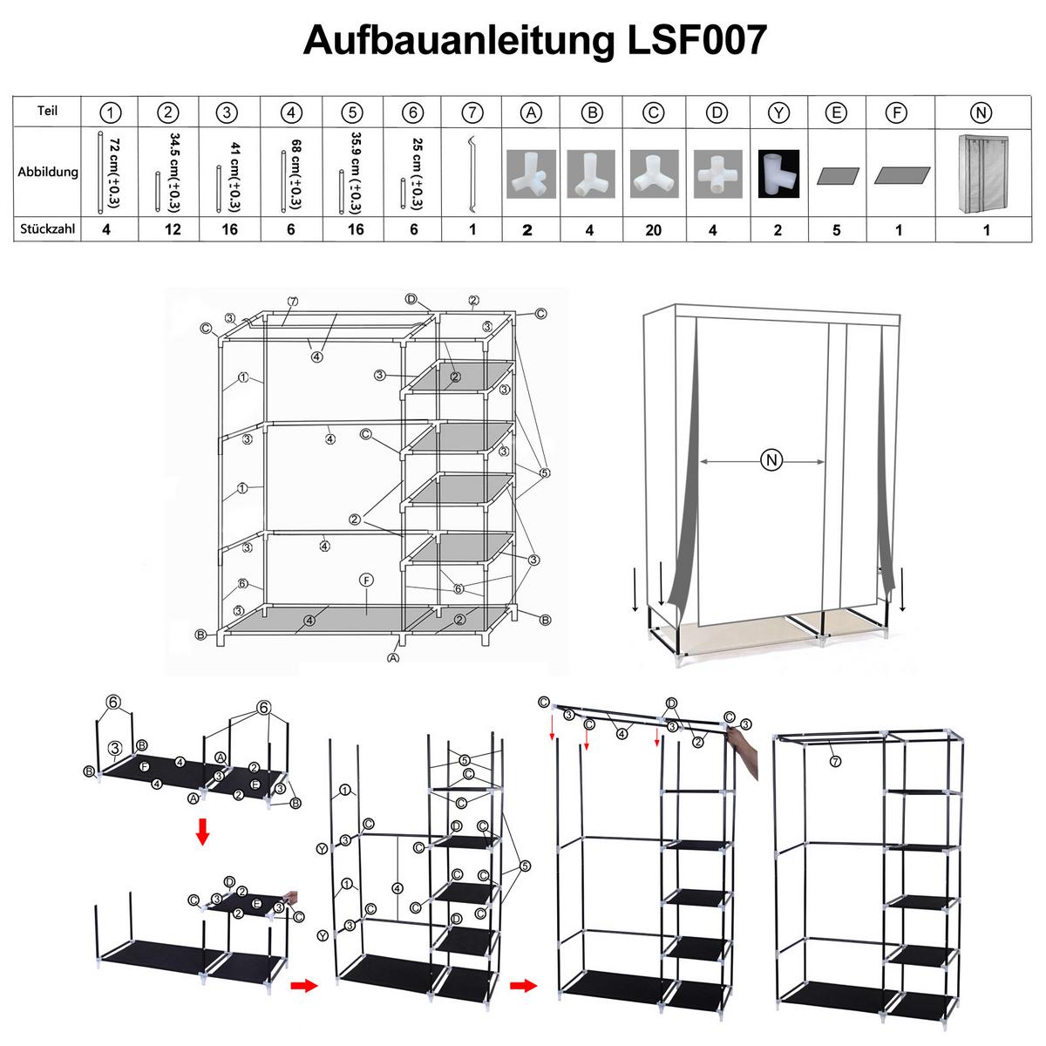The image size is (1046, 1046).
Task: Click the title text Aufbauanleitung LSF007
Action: tap(535, 41)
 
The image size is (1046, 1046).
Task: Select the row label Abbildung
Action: tap(48, 172)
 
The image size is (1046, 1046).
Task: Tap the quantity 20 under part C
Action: tap(654, 230)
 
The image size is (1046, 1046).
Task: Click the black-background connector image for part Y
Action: tap(778, 174)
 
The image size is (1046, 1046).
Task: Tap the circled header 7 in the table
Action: tap(472, 112)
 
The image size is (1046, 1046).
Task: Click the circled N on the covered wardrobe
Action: tap(771, 460)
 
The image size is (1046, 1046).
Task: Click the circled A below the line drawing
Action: tap(394, 659)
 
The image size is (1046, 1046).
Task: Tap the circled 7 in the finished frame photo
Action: tap(835, 761)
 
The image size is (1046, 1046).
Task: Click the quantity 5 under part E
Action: tap(837, 230)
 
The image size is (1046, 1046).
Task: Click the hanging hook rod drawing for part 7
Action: tap(472, 174)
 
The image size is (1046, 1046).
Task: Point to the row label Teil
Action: tap(48, 112)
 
